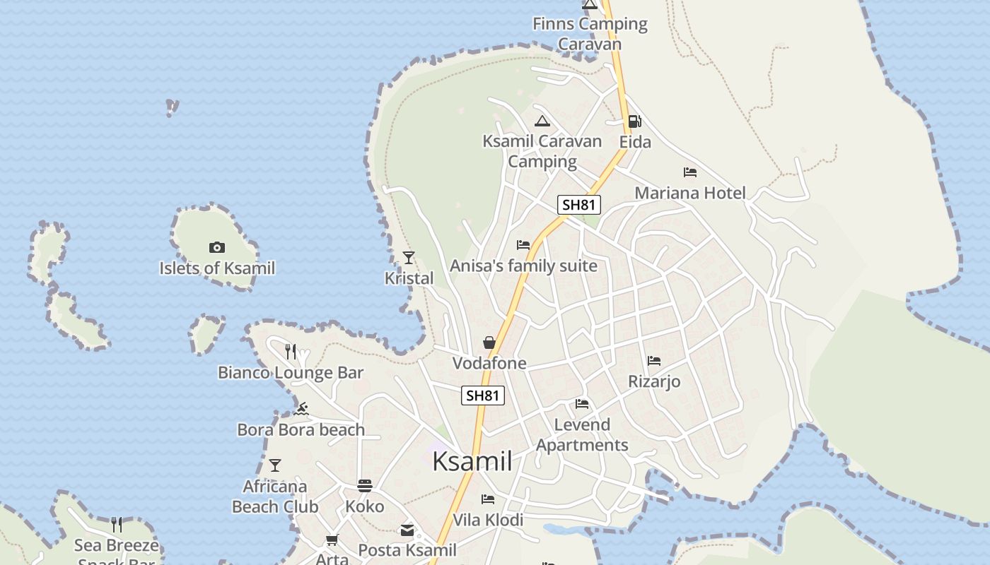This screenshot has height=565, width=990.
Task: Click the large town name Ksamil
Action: pos(472,461)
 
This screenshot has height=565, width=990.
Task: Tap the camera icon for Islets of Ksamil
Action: pos(217,247)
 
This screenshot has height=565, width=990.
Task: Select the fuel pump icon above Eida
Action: pos(634,121)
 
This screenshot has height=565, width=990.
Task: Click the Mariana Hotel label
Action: pos(689,193)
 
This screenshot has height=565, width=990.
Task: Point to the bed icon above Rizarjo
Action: pos(654,361)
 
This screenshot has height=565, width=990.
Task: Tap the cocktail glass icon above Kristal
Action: pos(408,258)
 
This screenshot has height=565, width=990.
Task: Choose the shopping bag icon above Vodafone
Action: pos(489,343)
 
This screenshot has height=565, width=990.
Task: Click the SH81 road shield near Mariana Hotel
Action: pos(579,205)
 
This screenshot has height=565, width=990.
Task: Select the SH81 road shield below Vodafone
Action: pos(483,395)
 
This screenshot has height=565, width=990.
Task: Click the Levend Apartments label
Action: pos(582,435)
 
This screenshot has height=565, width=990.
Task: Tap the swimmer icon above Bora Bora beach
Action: pos(302,409)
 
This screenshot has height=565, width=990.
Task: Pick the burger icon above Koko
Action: pos(365,486)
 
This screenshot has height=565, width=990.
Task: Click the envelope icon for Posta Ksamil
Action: pos(407,530)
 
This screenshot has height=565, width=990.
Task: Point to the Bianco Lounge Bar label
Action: pos(291,373)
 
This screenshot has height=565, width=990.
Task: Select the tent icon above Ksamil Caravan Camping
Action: pos(542,121)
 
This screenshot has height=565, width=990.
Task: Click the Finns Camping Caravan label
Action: pos(590,34)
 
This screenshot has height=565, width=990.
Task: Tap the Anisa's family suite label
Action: pos(523,266)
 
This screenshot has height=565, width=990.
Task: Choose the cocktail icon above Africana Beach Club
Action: pos(275,465)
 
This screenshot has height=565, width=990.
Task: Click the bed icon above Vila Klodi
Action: pos(488,499)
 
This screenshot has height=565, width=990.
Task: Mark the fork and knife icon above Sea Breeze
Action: pos(117,524)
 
